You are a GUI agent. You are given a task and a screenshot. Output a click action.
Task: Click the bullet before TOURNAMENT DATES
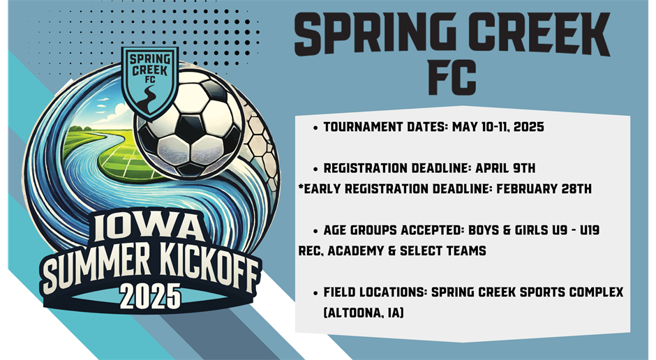316,128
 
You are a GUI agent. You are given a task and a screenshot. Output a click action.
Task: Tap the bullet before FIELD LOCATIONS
316,293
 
